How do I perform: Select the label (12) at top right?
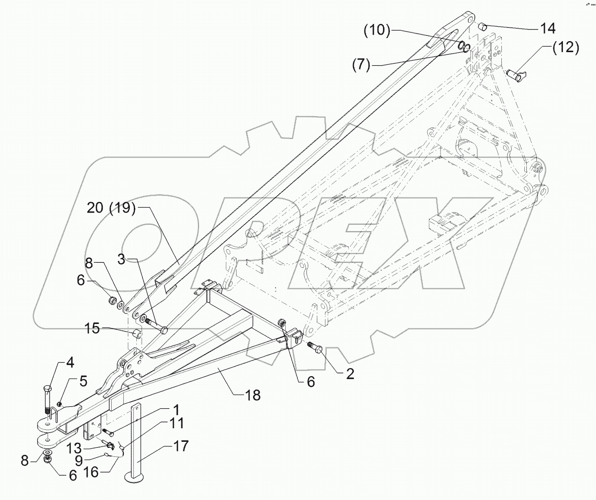pyautogui.click(x=565, y=48)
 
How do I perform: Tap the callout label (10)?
pyautogui.click(x=376, y=30)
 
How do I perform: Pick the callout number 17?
pyautogui.click(x=181, y=446)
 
